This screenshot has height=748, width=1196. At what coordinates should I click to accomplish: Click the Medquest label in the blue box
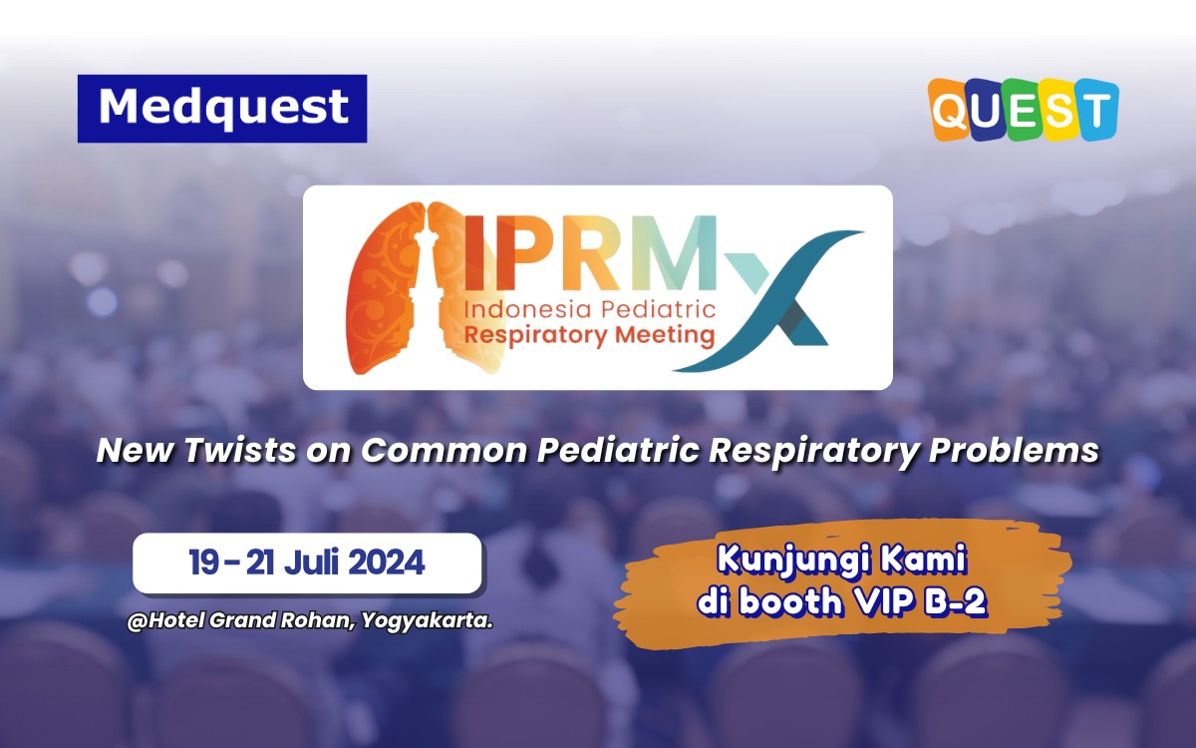point(223,108)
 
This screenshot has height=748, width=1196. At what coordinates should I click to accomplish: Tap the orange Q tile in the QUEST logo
point(951,110)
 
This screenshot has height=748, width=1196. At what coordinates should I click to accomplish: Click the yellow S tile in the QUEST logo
point(1059,110)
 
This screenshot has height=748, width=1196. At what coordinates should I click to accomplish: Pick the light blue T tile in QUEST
point(1097,110)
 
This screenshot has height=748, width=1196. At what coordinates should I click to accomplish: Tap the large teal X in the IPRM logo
point(787,299)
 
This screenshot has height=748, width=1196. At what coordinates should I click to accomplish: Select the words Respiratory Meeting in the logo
point(589,335)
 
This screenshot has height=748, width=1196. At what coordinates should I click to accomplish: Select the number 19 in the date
point(205,562)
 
